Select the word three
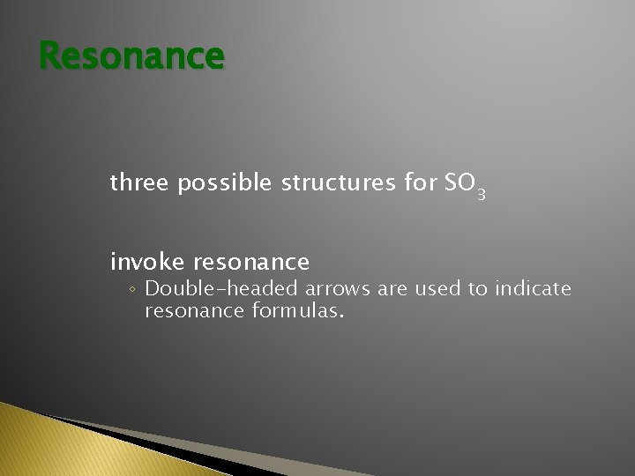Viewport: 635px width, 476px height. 140,183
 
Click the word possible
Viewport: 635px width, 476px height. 227,184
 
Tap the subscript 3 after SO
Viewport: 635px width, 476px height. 481,193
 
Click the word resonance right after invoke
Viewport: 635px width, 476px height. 251,263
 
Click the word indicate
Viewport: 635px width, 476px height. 534,288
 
